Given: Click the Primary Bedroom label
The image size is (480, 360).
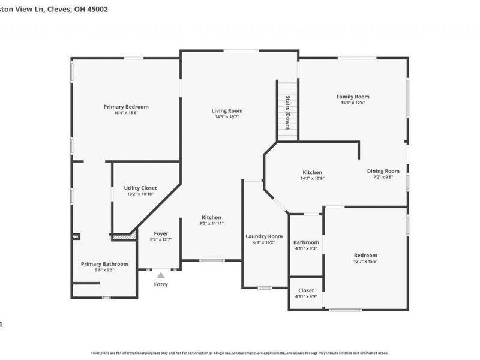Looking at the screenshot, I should pos(126,107).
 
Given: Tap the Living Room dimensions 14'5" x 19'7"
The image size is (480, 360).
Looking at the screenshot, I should pos(227,117).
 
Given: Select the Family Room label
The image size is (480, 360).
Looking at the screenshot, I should pos(353,97).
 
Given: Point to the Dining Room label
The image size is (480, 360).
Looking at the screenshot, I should pos(383,171).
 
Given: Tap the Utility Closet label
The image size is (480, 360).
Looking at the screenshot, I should pos(140,188).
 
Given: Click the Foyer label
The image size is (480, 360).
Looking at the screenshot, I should pos(161,233).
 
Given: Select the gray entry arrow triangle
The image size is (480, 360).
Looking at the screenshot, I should pos(161,275).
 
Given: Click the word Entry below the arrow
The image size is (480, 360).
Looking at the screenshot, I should pos(161,284).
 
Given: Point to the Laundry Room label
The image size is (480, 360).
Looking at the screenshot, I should pos(264,236).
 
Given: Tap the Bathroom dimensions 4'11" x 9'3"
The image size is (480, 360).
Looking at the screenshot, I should pos(306,248).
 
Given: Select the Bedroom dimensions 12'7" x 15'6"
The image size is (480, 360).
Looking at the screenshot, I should pos(365,261).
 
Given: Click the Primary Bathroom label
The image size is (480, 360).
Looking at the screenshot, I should pos(104,264).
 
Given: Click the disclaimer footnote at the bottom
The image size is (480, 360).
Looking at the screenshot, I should pos(240,353).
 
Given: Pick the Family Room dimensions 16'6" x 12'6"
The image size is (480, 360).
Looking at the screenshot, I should pos(353,103).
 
